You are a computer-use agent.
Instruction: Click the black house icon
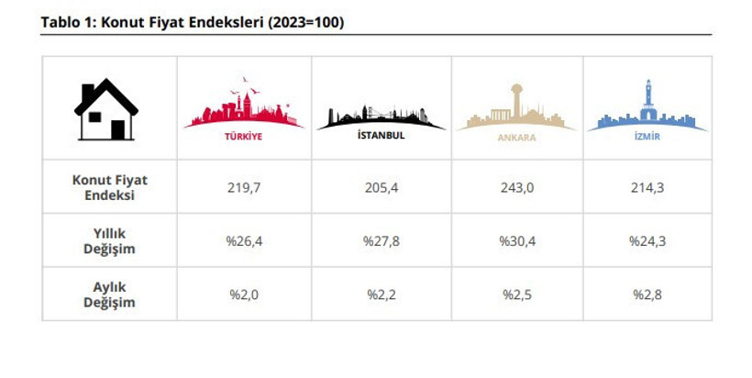coord(107,109)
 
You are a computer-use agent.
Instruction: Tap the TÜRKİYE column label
coord(244,137)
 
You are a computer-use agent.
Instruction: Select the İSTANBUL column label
coord(381,137)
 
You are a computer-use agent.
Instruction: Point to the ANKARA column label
coord(516,138)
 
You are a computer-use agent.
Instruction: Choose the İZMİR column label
coord(647,137)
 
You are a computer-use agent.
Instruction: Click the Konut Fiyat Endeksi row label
coord(110,187)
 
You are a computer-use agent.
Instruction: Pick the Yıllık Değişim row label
coord(110,241)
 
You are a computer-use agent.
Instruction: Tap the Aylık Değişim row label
coord(110,295)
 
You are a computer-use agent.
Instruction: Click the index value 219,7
coord(244,187)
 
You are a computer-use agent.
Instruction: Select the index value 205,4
coord(381,187)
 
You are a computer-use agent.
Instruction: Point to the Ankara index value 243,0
coord(517,187)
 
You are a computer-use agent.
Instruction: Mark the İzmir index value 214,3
coord(647,187)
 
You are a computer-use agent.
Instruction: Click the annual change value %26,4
coord(244,241)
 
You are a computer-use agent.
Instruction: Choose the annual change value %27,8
coord(381,241)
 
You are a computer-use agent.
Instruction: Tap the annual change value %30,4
coord(517,241)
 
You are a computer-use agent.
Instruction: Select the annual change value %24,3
coord(647,241)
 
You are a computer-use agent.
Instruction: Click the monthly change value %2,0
coord(244,295)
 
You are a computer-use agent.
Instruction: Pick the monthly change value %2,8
coord(647,295)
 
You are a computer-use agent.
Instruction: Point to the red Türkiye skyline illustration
coord(244,107)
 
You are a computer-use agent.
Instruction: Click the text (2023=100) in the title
coord(305,22)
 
